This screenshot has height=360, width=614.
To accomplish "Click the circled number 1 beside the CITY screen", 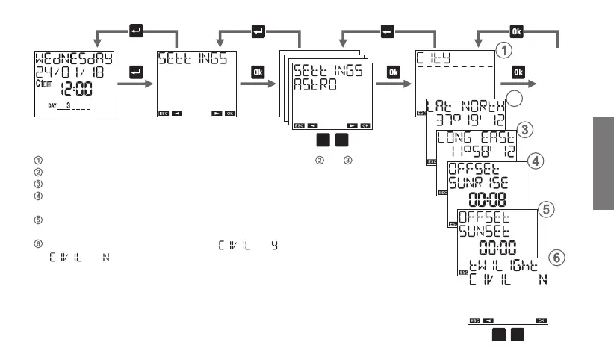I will [x=506, y=51].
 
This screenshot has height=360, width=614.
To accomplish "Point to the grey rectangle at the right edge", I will [x=603, y=161].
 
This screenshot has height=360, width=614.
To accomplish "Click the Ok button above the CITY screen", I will [x=517, y=31].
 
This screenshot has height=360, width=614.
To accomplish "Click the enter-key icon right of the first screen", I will [x=136, y=72].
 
